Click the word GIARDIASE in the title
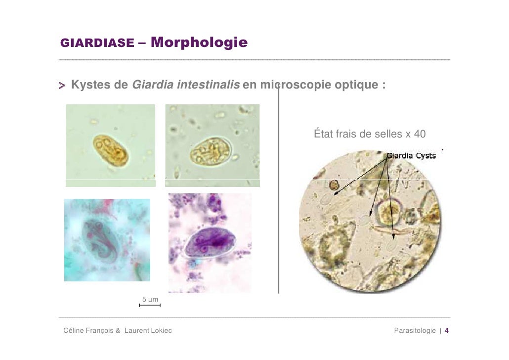tap(96, 44)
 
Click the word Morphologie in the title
tap(200, 43)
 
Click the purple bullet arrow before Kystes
tap(63, 86)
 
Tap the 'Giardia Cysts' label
tap(411, 155)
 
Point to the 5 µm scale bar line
tap(150, 306)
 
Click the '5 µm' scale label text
tap(150, 300)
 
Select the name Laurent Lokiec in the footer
tap(148, 330)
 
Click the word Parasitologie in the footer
tap(415, 330)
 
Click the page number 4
tap(447, 330)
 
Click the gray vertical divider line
tap(279, 198)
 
